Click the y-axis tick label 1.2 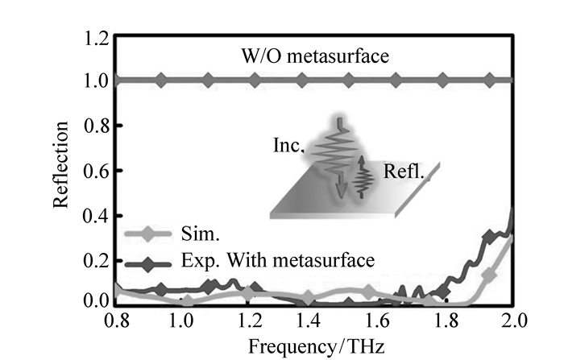pos(97,37)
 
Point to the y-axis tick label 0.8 pos(97,126)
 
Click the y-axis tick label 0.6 pos(97,171)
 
